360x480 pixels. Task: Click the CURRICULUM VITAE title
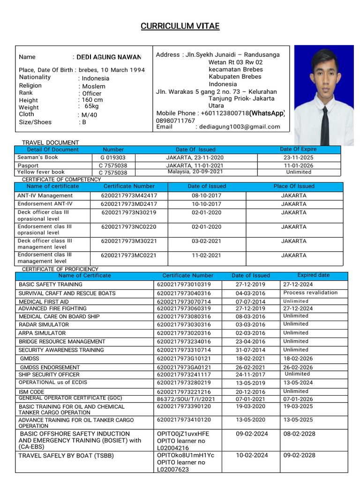tap(180, 26)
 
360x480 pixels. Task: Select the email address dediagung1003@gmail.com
tap(240, 127)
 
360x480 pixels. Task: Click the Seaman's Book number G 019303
tap(113, 157)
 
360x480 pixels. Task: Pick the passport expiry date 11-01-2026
tap(298, 165)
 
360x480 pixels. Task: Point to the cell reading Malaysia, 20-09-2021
tap(195, 172)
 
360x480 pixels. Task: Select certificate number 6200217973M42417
tap(129, 195)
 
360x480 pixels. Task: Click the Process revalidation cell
tap(310, 292)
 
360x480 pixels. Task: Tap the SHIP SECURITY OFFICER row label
tap(49, 375)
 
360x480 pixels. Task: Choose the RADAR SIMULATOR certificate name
tap(44, 324)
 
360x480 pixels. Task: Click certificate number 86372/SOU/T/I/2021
tap(186, 399)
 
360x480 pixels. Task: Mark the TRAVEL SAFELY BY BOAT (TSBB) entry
tap(66, 455)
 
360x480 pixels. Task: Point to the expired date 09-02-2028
tap(299, 455)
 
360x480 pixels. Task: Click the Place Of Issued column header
tap(294, 186)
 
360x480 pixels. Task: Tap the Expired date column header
tap(313, 275)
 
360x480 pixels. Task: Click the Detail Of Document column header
tap(53, 149)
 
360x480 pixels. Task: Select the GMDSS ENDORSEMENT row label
tap(50, 367)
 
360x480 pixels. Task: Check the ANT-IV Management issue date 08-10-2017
tap(207, 195)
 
